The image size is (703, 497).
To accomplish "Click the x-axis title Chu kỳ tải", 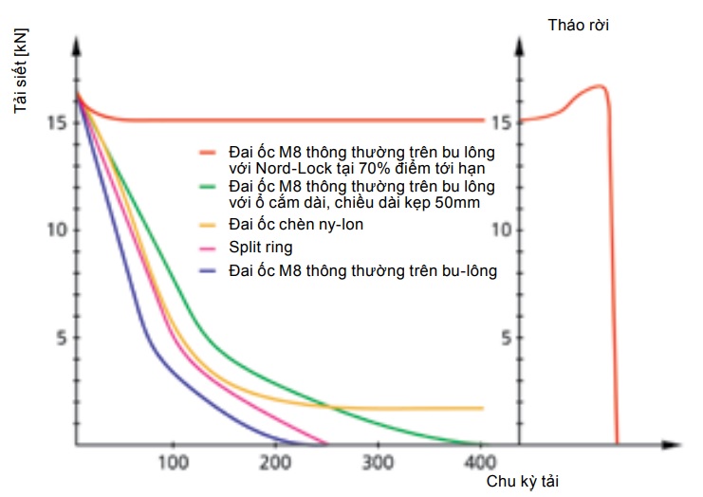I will pyautogui.click(x=523, y=481).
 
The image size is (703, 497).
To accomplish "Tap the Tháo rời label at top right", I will pyautogui.click(x=579, y=25).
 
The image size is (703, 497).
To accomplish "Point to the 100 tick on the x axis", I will pyautogui.click(x=172, y=462).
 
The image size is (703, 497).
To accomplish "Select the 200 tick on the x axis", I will pyautogui.click(x=275, y=462).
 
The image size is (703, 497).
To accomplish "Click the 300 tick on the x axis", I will pyautogui.click(x=379, y=462).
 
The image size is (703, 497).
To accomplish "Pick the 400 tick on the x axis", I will pyautogui.click(x=480, y=462).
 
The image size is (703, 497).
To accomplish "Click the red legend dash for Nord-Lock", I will pyautogui.click(x=209, y=152).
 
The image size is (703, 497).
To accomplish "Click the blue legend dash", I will pyautogui.click(x=209, y=271).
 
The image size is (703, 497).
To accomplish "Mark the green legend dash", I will pyautogui.click(x=209, y=187).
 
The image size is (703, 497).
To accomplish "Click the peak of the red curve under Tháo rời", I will pyautogui.click(x=600, y=86).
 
